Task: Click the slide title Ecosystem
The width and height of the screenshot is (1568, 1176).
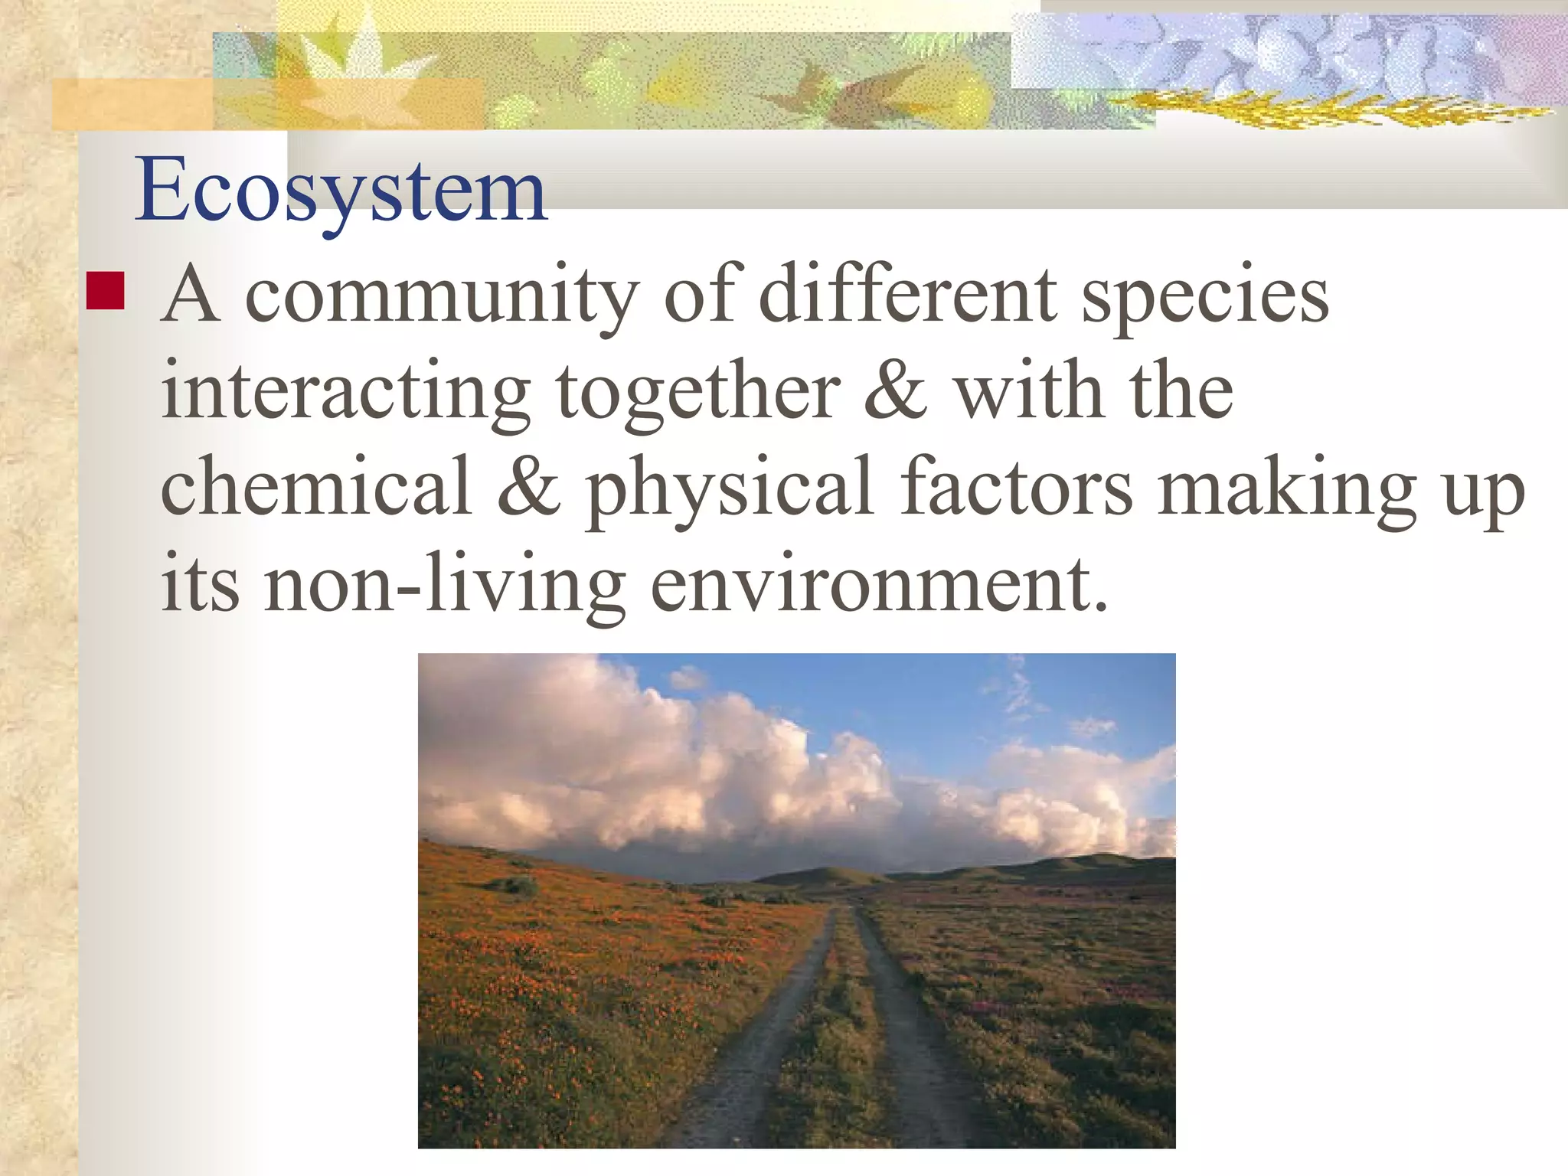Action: (x=341, y=190)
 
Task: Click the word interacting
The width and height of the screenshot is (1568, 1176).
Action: (x=345, y=392)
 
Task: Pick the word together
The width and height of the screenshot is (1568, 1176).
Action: (x=698, y=392)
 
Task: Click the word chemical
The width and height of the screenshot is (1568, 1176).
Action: (x=315, y=486)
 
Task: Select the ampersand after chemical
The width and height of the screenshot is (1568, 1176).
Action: (x=528, y=488)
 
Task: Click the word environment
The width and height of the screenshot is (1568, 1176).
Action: (x=878, y=583)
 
